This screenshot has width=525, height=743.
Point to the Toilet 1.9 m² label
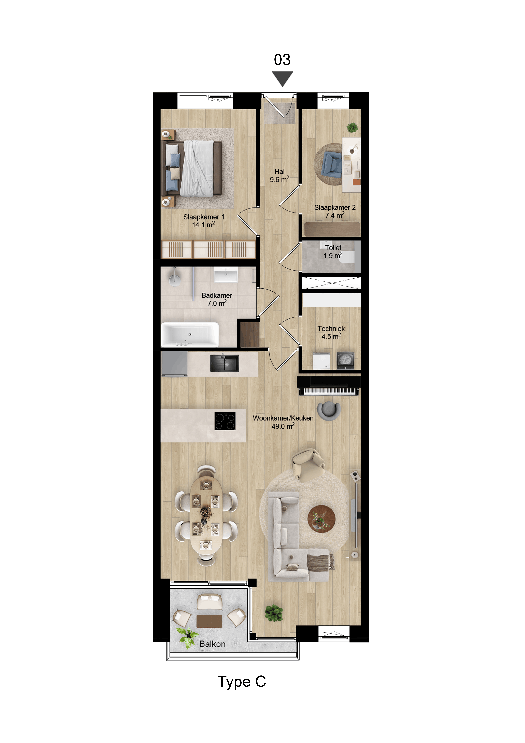coord(333,251)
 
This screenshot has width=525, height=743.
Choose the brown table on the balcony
coord(209,621)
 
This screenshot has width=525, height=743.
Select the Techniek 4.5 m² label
coord(331,332)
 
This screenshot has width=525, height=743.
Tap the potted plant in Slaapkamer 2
coord(352,128)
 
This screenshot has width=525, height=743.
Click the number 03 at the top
coord(282,60)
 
